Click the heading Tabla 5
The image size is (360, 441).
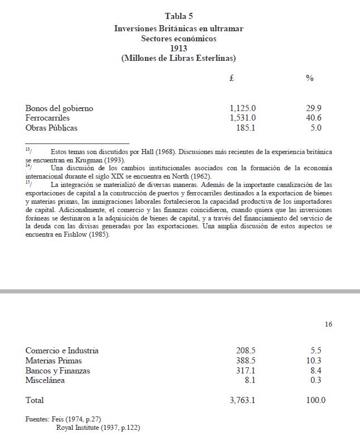(x=179, y=16)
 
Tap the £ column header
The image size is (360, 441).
(x=232, y=79)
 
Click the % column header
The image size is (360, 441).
(x=310, y=79)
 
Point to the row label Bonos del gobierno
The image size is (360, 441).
(x=59, y=108)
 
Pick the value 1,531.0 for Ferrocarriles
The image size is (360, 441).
(x=243, y=118)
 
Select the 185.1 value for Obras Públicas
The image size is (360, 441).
(x=246, y=128)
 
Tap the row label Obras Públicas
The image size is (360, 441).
(x=51, y=128)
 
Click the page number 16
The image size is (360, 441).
(x=328, y=324)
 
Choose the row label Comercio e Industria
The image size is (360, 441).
(x=62, y=351)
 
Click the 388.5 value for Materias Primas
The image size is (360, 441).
(x=246, y=361)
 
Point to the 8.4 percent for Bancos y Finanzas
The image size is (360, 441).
(x=316, y=371)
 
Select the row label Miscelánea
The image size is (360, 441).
(x=45, y=381)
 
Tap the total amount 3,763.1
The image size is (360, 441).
(x=243, y=400)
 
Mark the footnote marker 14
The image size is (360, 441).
(x=28, y=166)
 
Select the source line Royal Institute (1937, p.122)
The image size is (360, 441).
(x=98, y=428)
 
